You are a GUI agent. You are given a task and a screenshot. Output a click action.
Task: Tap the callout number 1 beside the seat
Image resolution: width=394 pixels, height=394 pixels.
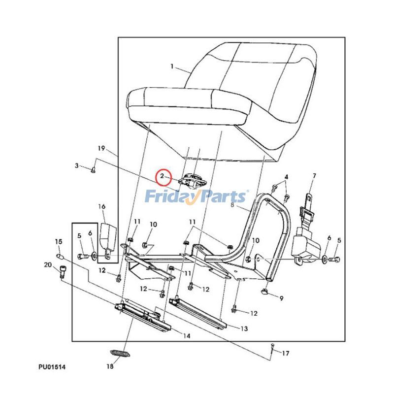click(x=172, y=66)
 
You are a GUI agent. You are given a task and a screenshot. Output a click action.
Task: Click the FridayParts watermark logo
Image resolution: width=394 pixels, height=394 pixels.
click(x=196, y=197)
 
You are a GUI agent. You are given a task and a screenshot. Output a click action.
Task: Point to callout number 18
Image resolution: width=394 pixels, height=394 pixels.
click(x=110, y=366)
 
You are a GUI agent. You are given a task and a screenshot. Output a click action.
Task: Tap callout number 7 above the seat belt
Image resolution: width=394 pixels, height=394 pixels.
click(x=314, y=176)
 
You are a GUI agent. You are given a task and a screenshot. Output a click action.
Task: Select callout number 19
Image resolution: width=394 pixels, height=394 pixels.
click(x=101, y=148)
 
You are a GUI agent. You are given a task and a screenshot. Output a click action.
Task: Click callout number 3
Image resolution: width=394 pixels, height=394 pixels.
click(x=77, y=165)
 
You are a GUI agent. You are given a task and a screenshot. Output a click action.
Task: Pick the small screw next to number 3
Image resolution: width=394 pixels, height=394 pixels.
click(x=93, y=170)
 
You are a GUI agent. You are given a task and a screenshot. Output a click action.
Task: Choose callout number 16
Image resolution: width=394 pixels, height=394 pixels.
click(x=102, y=207)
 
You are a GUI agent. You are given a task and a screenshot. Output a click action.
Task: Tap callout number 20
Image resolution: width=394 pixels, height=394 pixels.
click(x=48, y=265)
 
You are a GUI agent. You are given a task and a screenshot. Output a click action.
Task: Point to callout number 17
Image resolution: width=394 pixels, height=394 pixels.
click(x=286, y=353)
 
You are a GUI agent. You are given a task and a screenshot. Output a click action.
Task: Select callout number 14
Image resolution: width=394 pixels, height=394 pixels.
click(x=187, y=336)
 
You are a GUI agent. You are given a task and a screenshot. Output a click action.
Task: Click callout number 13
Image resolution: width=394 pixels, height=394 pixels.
click(x=244, y=328)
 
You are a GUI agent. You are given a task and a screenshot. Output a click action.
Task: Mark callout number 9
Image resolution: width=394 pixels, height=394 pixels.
click(x=281, y=298)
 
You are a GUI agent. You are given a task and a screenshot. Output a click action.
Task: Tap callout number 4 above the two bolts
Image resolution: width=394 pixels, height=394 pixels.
click(x=286, y=176)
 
